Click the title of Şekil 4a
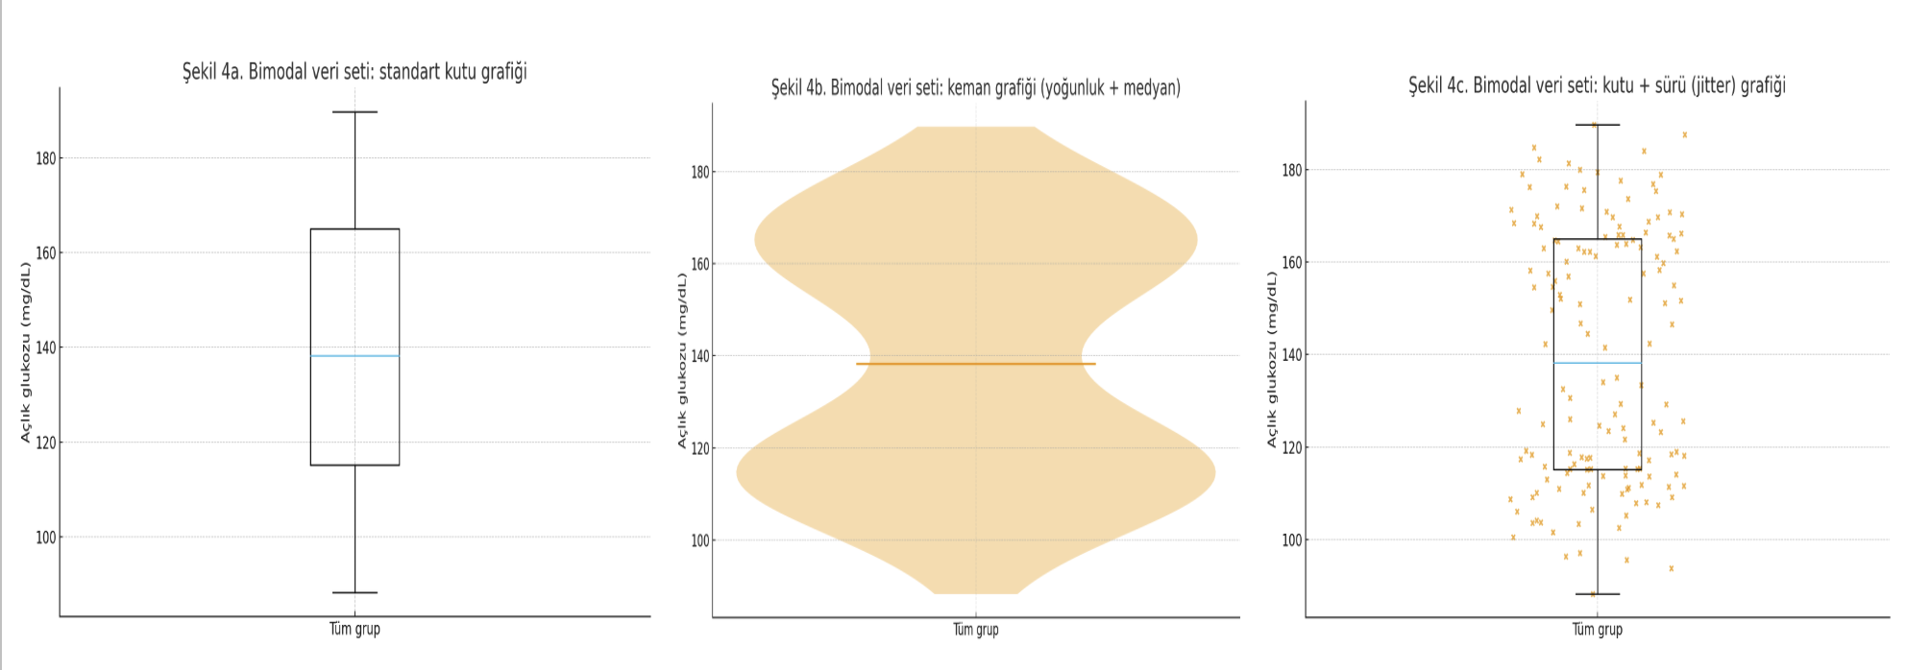pos(354,72)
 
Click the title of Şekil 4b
pos(975,88)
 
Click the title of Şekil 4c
pos(1597,85)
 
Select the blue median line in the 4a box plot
pos(354,356)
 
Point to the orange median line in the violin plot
pos(975,364)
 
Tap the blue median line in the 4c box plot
pos(1597,363)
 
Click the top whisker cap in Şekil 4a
pos(354,112)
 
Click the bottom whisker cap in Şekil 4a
pos(354,592)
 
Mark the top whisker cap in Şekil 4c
pos(1597,125)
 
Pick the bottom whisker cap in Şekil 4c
pos(1597,593)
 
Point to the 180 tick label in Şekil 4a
pos(46,158)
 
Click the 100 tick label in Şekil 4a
pos(46,538)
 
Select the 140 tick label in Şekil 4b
pos(699,356)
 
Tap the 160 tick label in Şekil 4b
pos(699,264)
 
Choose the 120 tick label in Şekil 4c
pos(1291,448)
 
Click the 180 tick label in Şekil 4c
pos(1291,171)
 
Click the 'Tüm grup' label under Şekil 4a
pos(354,629)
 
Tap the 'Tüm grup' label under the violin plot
pos(975,630)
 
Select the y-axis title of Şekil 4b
pos(682,360)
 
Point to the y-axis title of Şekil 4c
pos(1272,359)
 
